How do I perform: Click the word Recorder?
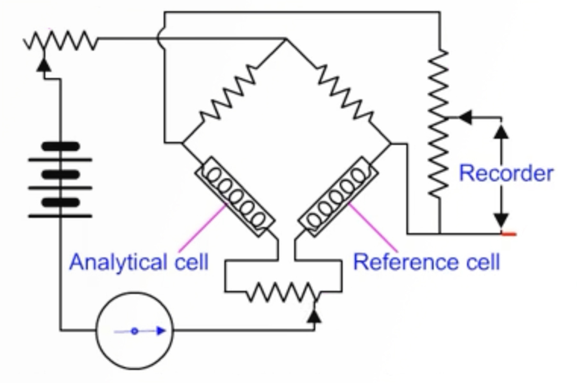click(x=506, y=173)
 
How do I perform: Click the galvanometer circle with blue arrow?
click(x=135, y=331)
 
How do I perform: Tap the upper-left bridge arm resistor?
click(x=228, y=93)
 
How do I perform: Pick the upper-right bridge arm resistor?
click(x=345, y=93)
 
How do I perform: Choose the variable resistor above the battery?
click(x=61, y=40)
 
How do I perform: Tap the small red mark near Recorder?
click(x=509, y=234)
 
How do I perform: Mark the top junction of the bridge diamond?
click(x=286, y=38)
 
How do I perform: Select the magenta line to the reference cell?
click(x=373, y=228)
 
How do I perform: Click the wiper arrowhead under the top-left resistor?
click(x=44, y=65)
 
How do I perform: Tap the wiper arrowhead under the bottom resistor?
click(x=315, y=316)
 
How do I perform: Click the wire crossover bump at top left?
click(x=160, y=38)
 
